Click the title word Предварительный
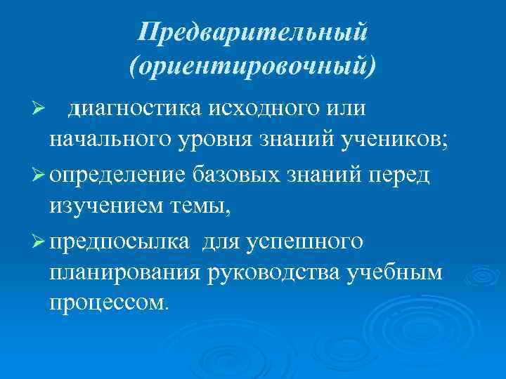coord(253,32)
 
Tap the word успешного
coord(305,241)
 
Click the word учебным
coord(398,274)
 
